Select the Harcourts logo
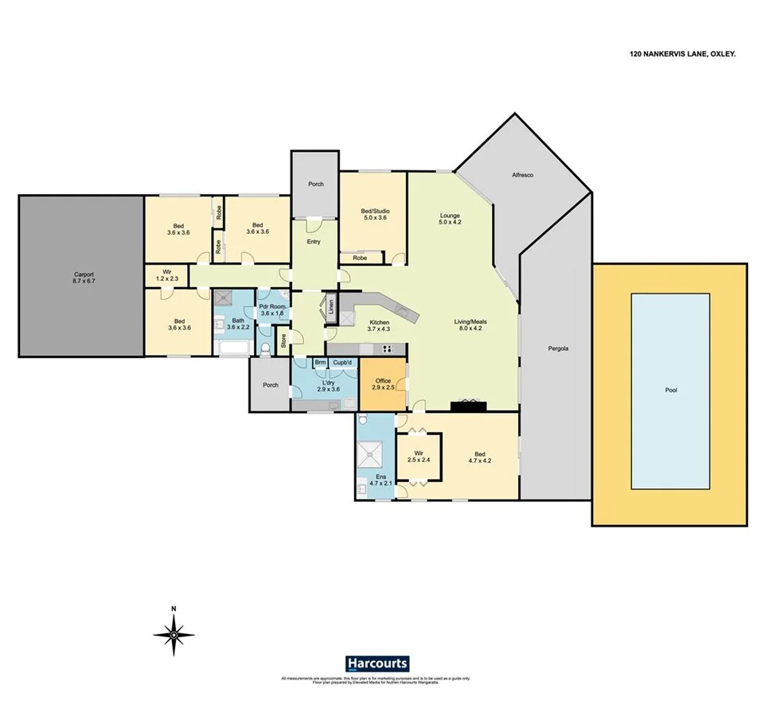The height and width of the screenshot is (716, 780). point(377,663)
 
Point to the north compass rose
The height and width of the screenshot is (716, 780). point(174,634)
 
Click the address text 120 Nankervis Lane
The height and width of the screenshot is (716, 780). point(677,54)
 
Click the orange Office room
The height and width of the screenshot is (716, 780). point(382,386)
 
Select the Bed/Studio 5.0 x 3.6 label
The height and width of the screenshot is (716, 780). point(373,214)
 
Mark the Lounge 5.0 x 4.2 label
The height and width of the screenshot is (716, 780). point(450,219)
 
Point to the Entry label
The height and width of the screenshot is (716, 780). point(314,242)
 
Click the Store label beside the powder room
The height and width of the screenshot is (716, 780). point(282,342)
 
